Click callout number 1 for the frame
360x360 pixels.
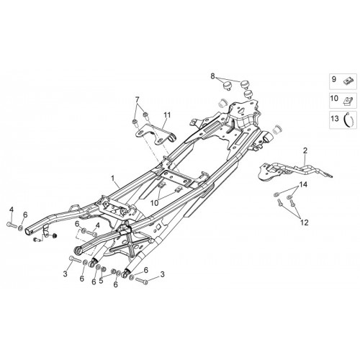pos(112,179)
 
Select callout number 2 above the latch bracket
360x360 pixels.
pos(305,150)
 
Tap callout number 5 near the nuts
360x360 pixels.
pos(101,281)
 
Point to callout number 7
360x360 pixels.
pos(137,99)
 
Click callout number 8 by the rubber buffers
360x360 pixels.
pos(212,76)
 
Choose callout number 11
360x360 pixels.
pos(167,115)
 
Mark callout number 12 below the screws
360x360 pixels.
pos(304,222)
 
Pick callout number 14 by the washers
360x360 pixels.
pos(303,184)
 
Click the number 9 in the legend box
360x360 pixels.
pos(334,79)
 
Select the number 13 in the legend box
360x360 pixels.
pos(335,119)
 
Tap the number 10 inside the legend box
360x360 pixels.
pos(334,99)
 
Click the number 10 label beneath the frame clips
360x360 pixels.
pos(155,203)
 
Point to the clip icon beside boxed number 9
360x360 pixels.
pos(346,81)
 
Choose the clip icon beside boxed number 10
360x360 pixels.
pos(347,100)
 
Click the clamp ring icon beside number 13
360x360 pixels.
pos(347,119)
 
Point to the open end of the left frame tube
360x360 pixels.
pos(28,232)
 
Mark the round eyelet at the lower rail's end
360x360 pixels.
pos(78,251)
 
